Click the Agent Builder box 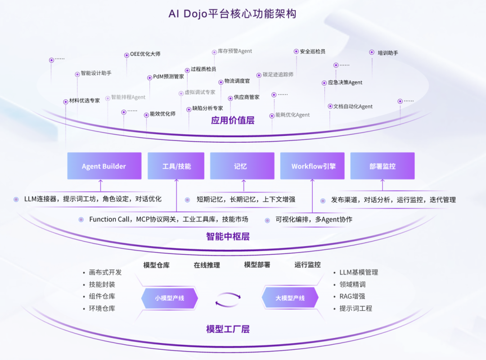pyautogui.click(x=104, y=166)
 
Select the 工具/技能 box pyautogui.click(x=176, y=166)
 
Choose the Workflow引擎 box pyautogui.click(x=313, y=166)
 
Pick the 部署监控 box pyautogui.click(x=382, y=166)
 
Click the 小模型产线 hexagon pyautogui.click(x=170, y=298)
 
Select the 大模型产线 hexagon pyautogui.click(x=290, y=298)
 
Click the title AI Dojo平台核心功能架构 pyautogui.click(x=232, y=13)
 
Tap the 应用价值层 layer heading pyautogui.click(x=233, y=120)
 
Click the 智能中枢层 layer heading pyautogui.click(x=228, y=236)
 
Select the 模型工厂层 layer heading pyautogui.click(x=228, y=329)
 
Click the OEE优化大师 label pyautogui.click(x=145, y=54)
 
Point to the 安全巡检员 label pyautogui.click(x=312, y=51)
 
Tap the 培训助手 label pyautogui.click(x=387, y=53)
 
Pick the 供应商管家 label pyautogui.click(x=246, y=97)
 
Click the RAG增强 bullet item pyautogui.click(x=352, y=296)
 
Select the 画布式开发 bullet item pyautogui.click(x=105, y=272)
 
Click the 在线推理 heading pyautogui.click(x=207, y=265)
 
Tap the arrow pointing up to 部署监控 pyautogui.click(x=382, y=184)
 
